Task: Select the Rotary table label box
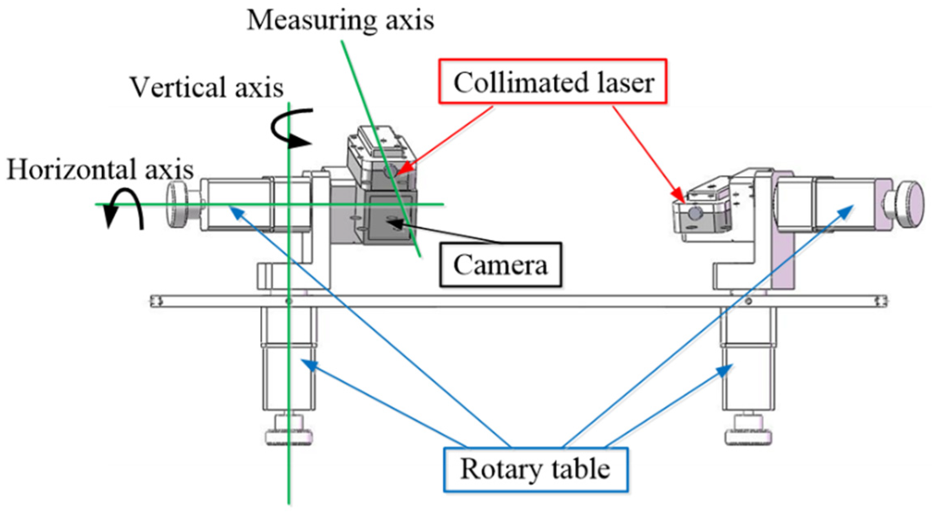(x=535, y=469)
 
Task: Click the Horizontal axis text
(x=100, y=169)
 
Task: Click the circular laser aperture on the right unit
(x=695, y=212)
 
